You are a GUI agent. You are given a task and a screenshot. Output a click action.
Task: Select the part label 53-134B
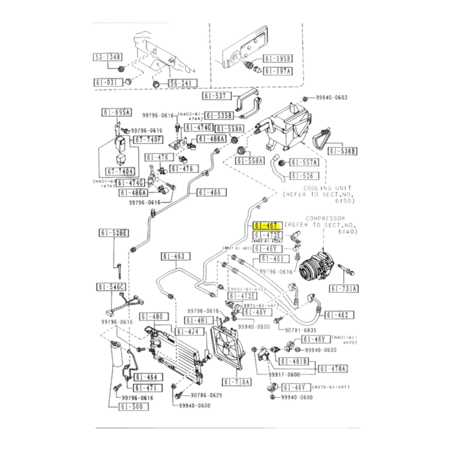click(107, 57)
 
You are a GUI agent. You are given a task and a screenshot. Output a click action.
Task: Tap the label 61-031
click(108, 82)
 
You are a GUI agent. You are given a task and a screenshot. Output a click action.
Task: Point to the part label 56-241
click(183, 83)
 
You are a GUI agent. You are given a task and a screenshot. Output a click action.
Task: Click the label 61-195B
click(278, 59)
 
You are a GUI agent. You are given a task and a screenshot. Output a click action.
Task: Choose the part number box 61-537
click(216, 96)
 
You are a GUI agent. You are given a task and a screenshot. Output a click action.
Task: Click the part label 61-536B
click(342, 151)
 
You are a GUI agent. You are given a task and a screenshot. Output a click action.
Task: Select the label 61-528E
click(114, 233)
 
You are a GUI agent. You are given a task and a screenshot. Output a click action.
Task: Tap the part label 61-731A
click(344, 289)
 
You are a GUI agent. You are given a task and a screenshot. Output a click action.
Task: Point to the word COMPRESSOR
click(325, 218)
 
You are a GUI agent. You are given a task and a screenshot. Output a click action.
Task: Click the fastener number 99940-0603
click(331, 98)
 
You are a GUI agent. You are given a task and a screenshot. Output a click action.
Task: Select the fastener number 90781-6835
click(300, 330)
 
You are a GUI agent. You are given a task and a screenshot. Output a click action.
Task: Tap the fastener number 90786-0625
click(206, 395)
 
